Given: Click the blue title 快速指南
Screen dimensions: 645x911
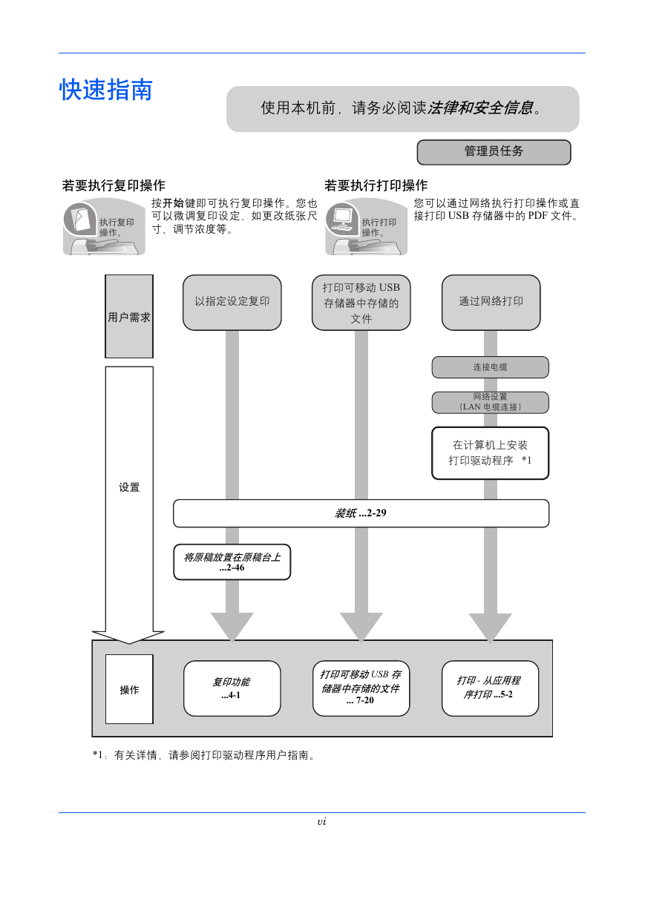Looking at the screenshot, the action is point(106,90).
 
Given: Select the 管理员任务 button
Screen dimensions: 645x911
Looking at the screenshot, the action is point(494,152).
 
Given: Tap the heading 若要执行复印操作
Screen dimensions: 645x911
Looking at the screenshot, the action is point(114,185).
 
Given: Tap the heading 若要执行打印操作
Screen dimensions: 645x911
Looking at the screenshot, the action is point(376,185).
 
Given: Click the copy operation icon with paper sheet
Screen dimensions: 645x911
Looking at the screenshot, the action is point(104,226).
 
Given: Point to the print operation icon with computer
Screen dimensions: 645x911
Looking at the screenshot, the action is point(366,226).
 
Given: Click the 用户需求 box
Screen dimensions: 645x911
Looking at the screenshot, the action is point(129,317).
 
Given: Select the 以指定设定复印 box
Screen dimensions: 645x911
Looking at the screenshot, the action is point(232,302).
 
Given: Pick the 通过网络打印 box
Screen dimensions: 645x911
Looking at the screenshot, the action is point(491,302).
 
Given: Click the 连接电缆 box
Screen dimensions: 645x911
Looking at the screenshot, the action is point(490,367).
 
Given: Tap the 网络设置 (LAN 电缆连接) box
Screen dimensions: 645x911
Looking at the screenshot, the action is point(490,402).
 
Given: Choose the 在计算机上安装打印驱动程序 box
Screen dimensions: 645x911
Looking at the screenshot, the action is point(490,453).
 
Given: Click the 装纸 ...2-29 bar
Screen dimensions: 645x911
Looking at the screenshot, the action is point(361,513).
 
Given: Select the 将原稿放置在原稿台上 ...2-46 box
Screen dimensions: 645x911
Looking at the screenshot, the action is point(232,562).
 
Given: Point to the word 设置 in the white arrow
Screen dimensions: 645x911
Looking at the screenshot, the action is point(129,487).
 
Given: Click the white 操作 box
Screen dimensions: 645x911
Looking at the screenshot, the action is point(129,689).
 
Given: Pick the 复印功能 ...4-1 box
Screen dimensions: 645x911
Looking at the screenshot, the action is point(232,688).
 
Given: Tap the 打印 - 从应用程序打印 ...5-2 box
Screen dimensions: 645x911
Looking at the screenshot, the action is point(490,688).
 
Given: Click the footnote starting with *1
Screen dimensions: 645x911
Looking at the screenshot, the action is point(204,755).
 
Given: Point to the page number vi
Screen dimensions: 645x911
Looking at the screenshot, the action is point(321,822).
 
